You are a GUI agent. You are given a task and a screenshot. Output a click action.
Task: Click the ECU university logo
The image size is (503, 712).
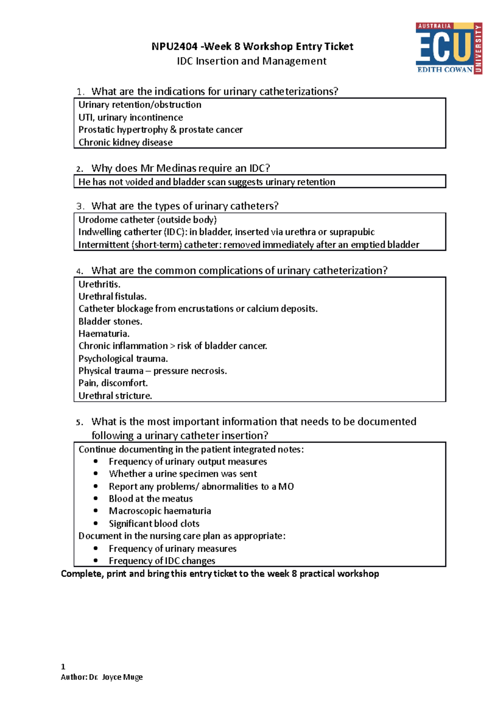pos(449,48)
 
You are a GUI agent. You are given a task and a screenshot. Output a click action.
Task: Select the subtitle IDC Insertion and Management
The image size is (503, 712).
pos(251,61)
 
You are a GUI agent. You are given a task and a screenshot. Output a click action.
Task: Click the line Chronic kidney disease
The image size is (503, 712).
pos(125,143)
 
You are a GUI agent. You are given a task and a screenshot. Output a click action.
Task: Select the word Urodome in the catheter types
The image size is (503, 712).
pos(95,220)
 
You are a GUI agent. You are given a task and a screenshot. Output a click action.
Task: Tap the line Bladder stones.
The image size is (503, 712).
pos(110,322)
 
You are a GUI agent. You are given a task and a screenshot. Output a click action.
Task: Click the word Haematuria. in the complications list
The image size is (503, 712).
pos(104,334)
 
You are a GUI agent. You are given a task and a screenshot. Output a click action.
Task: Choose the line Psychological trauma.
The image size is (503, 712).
pos(123,359)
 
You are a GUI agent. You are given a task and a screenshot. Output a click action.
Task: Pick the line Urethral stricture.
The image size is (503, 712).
pos(115,396)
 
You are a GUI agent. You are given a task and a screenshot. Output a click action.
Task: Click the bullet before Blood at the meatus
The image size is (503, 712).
pos(96,499)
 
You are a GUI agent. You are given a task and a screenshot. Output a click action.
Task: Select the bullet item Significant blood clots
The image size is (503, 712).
pos(154,524)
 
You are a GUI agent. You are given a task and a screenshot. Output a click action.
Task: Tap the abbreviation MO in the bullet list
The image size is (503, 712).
pos(286,486)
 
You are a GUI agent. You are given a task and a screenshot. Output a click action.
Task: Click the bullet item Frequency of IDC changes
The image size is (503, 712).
pos(162,561)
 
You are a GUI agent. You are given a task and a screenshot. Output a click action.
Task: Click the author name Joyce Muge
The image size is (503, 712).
pos(122,677)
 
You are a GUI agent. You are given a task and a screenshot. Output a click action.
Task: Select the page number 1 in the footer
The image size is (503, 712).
pos(63,667)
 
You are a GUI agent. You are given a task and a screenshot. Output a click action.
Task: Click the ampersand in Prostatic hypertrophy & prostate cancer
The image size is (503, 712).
pos(173,130)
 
